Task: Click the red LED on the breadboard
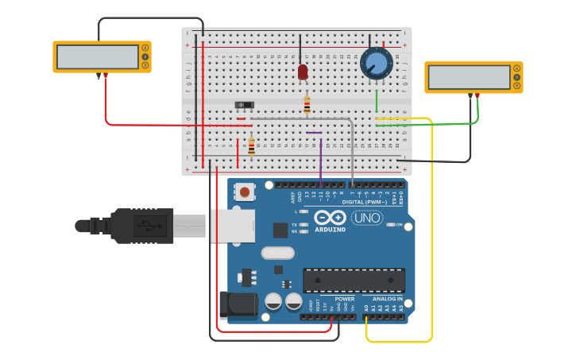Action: pos(303,72)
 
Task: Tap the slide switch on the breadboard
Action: pos(245,105)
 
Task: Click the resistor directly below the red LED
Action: pos(307,104)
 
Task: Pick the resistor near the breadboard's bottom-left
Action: pos(252,147)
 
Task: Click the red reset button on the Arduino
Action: pos(245,192)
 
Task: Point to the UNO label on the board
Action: pos(367,218)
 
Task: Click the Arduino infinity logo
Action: pos(330,217)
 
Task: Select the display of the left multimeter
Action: pos(99,56)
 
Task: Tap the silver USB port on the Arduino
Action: pos(232,226)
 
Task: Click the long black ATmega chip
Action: pos(354,280)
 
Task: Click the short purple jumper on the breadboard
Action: pos(314,132)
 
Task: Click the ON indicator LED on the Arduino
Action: pos(390,225)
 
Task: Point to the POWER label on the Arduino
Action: pos(344,299)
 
